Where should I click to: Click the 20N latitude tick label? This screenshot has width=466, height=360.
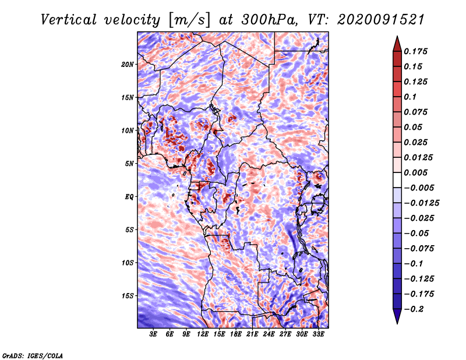pos(128,65)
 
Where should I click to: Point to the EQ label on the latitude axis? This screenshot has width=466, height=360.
pos(129,197)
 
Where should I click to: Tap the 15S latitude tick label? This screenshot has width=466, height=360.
pos(128,296)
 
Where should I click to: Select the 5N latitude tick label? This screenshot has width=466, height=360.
pos(129,164)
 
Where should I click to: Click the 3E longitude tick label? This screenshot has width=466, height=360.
pos(153,334)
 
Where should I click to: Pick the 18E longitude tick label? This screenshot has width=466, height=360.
pos(236,334)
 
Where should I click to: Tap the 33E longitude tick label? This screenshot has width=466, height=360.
pos(318,334)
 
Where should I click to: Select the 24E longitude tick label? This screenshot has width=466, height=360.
pos(269,334)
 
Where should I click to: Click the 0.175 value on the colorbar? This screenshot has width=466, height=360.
pos(415,51)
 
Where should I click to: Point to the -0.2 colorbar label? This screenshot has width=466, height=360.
pos(414,309)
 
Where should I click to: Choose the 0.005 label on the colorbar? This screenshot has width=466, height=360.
pos(415,172)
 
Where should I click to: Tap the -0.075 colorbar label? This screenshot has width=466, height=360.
pos(419,249)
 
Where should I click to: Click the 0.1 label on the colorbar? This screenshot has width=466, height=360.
pos(410,97)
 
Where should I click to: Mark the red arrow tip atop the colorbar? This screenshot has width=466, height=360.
pos(397,36)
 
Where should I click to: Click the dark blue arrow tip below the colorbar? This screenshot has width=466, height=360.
pos(397,323)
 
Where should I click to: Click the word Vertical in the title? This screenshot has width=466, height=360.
pos(69,20)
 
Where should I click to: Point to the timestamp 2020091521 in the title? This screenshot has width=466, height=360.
pos(381,20)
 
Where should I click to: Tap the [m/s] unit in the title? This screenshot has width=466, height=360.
pos(189,20)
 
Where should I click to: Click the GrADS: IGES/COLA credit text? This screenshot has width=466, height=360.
pos(33,355)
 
